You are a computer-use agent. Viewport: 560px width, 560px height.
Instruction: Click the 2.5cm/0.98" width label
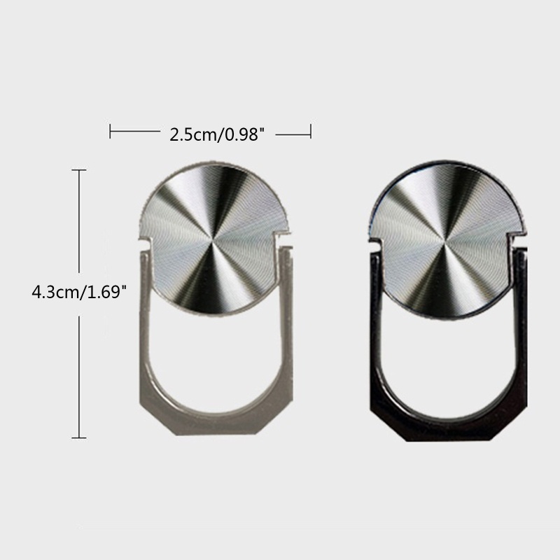point(217,135)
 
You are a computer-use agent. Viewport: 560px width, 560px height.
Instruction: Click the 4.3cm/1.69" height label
point(79,292)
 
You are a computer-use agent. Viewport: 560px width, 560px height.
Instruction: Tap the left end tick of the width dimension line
point(110,131)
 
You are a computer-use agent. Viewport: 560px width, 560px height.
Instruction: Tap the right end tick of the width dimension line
point(311,131)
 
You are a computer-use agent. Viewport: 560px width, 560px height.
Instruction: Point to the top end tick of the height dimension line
point(79,170)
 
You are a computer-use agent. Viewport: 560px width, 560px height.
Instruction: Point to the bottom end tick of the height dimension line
point(79,437)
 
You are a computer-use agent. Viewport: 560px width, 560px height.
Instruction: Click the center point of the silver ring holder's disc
point(212,244)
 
